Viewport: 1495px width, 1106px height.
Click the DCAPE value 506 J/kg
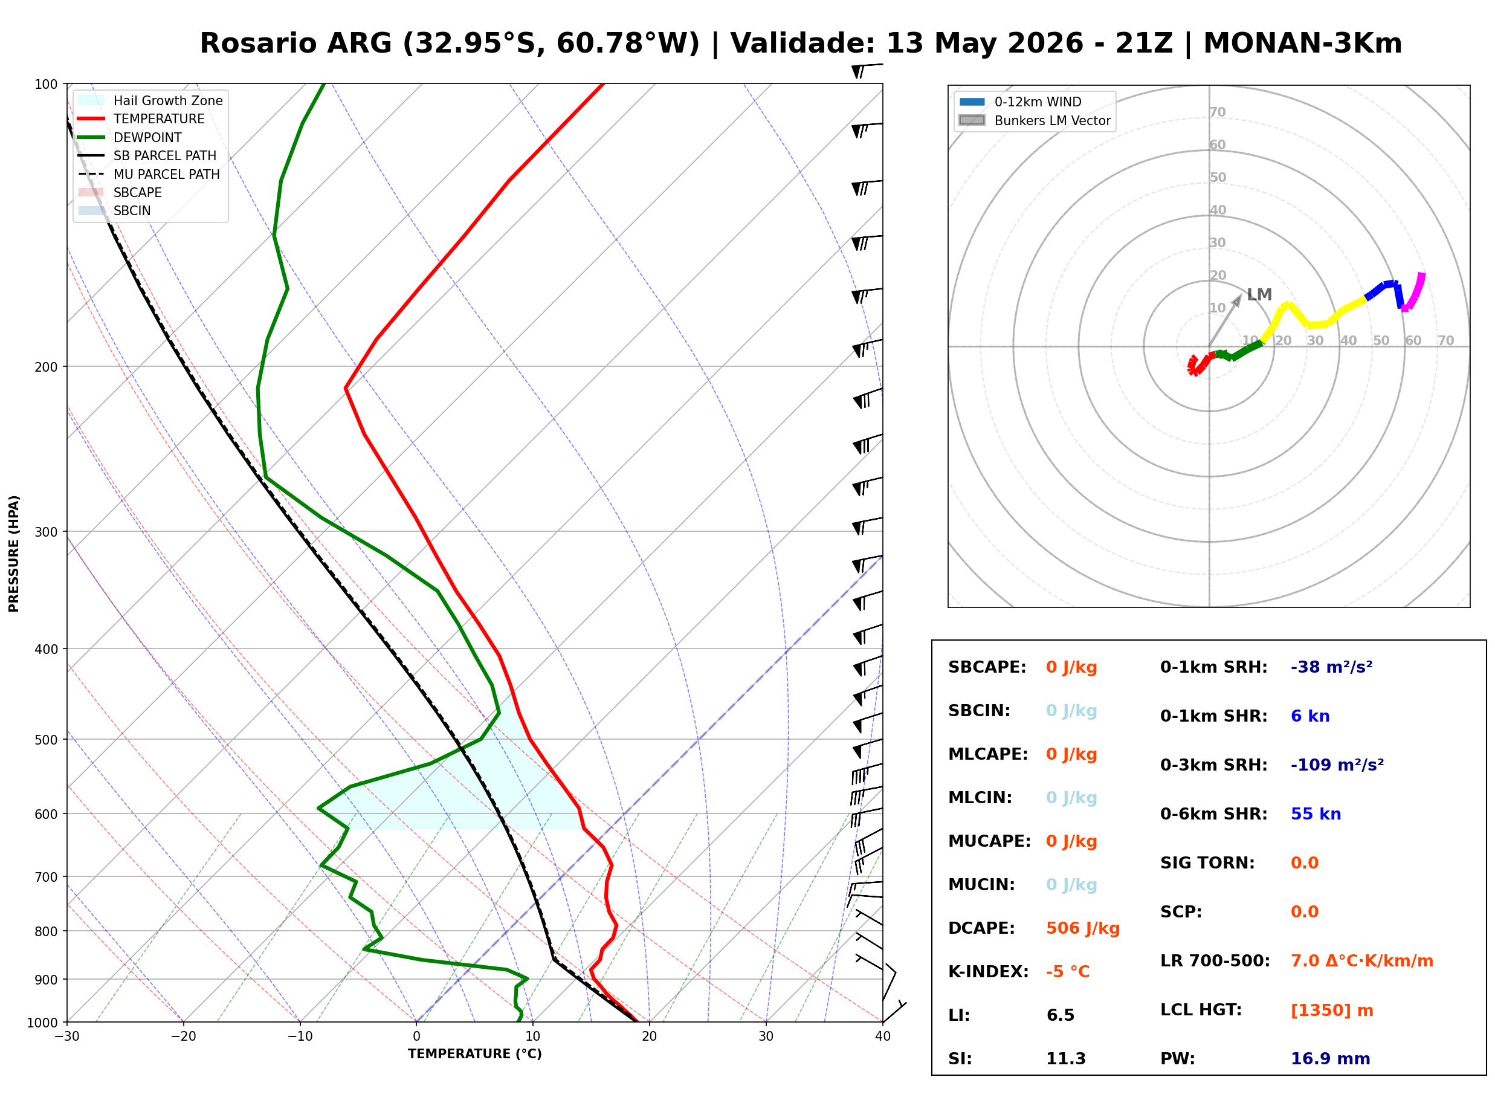pos(1083,928)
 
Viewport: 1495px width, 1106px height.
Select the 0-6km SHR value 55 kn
pos(1316,813)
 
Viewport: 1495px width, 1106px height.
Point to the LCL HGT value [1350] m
pos(1332,1011)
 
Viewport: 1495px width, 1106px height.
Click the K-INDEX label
pos(989,971)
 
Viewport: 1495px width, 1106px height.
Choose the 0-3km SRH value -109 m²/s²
pos(1337,765)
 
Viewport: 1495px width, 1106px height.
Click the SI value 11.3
pos(1065,1058)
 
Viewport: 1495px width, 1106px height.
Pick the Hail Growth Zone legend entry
pos(150,100)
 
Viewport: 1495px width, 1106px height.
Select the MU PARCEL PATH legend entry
pos(149,174)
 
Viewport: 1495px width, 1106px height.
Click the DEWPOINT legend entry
pos(130,137)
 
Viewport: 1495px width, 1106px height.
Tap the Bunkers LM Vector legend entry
pos(1035,120)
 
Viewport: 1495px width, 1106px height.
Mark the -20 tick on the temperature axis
pos(183,1036)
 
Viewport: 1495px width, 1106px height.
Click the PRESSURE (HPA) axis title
pos(13,553)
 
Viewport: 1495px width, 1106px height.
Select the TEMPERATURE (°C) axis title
pos(475,1054)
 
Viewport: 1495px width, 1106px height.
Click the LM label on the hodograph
pos(1259,294)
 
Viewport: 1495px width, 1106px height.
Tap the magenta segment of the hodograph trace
pos(1413,292)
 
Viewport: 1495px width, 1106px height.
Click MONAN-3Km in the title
pos(1302,44)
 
